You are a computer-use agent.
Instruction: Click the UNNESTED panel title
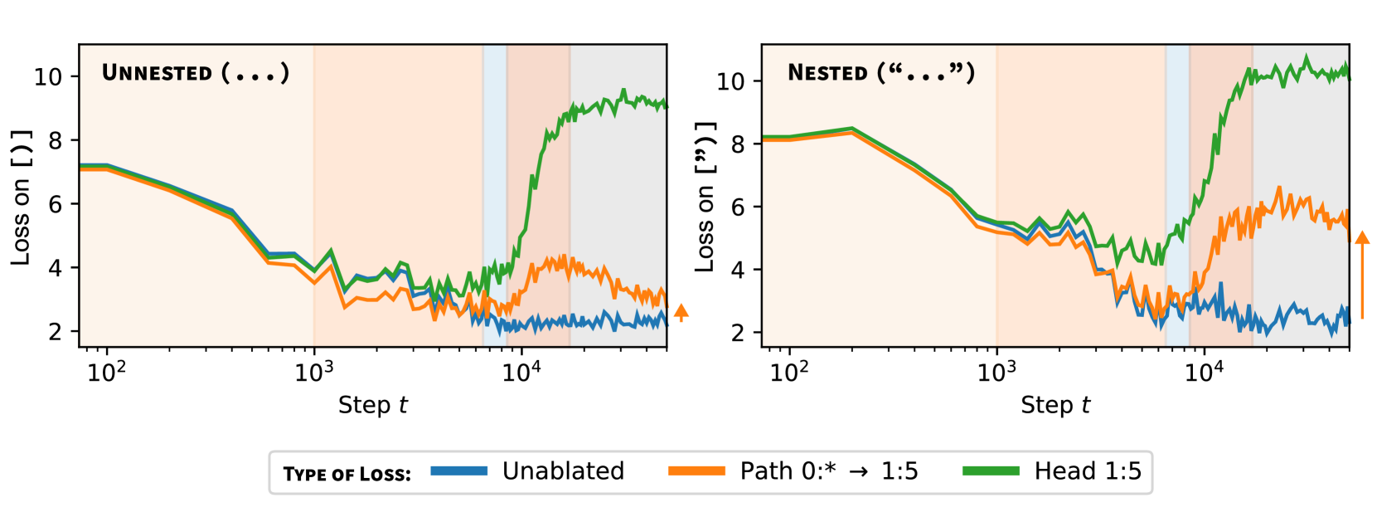coord(195,73)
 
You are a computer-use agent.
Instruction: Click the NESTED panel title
coord(880,73)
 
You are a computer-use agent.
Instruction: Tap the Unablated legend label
coord(563,471)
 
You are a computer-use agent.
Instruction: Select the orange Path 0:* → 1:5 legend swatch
coord(696,471)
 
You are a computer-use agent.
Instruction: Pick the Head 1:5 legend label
coord(1088,471)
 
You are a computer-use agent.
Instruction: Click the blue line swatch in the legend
coord(458,471)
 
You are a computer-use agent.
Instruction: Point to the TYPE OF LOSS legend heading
coord(347,474)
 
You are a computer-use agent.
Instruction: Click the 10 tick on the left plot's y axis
coord(48,77)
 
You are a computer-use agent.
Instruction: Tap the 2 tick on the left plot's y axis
coord(55,331)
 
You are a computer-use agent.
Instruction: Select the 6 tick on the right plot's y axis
coord(737,207)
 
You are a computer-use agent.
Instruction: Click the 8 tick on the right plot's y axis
coord(737,144)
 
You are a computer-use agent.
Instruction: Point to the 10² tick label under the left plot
coord(106,373)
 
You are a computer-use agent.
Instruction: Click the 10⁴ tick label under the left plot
coord(521,373)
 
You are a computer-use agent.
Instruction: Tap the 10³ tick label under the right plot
coord(996,373)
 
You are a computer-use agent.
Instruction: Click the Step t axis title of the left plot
coord(373,405)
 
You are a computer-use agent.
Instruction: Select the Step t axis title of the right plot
coord(1055,405)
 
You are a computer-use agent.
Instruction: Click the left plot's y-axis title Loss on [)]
coord(22,198)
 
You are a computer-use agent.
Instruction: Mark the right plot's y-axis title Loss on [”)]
coord(705,198)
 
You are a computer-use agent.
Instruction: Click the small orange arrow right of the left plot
coord(681,312)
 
